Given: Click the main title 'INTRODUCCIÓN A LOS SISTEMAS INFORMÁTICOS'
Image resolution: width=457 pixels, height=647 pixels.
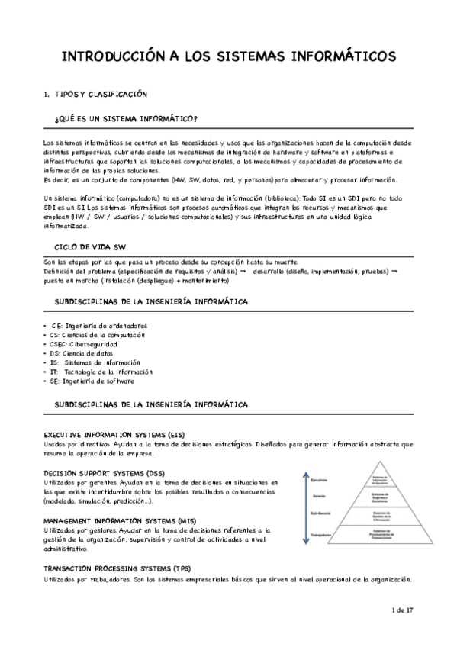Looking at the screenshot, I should pyautogui.click(x=228, y=56).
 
